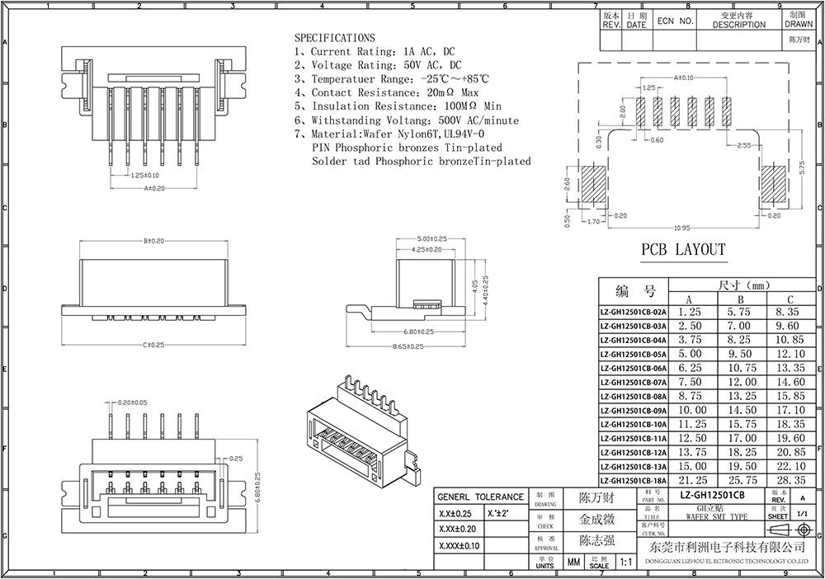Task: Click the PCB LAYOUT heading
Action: click(x=683, y=249)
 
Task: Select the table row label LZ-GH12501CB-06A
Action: click(x=632, y=368)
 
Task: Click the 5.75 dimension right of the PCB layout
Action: click(x=801, y=165)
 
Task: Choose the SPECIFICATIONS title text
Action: click(x=334, y=38)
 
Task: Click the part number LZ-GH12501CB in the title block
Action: click(x=711, y=495)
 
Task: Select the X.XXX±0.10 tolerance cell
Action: click(x=459, y=545)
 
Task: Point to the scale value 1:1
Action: click(x=625, y=563)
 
